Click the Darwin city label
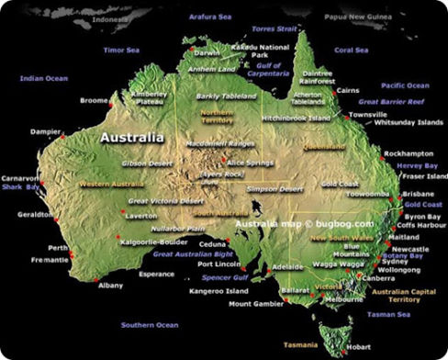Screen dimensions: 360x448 click(207, 52)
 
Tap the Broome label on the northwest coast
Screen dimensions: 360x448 click(95, 100)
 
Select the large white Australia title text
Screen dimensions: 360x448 click(132, 138)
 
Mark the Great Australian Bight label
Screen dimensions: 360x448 click(193, 253)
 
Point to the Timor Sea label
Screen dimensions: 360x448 click(120, 50)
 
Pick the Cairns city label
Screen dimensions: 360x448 click(347, 91)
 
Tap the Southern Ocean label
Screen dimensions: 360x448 click(150, 324)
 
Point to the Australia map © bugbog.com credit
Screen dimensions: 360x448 click(304, 223)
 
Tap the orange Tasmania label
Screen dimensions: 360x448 click(301, 345)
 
